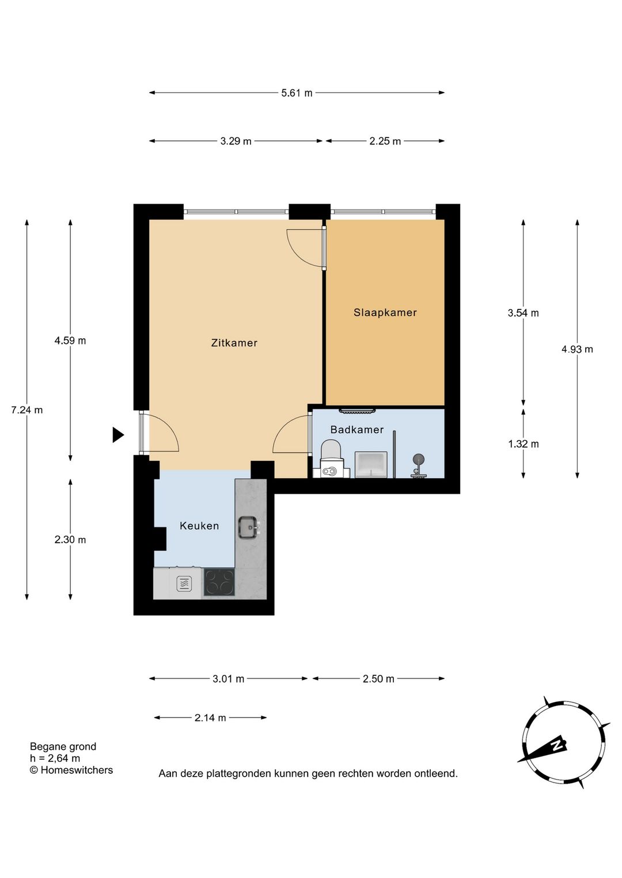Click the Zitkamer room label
(x=234, y=343)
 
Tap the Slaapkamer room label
(x=385, y=312)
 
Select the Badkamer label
(x=356, y=430)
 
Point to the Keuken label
(x=199, y=526)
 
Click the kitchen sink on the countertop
(x=249, y=528)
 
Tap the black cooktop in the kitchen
(x=219, y=583)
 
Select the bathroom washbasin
(x=371, y=465)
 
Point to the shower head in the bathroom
(x=418, y=459)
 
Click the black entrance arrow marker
(x=118, y=435)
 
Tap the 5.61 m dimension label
(x=297, y=93)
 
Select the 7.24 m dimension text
(x=26, y=410)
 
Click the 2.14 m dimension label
(x=210, y=717)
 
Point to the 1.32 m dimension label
(x=523, y=444)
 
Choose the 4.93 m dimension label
(x=577, y=349)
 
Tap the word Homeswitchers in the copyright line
(x=77, y=770)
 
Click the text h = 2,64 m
(x=55, y=758)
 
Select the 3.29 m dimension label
(x=236, y=141)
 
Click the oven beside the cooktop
(x=184, y=583)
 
